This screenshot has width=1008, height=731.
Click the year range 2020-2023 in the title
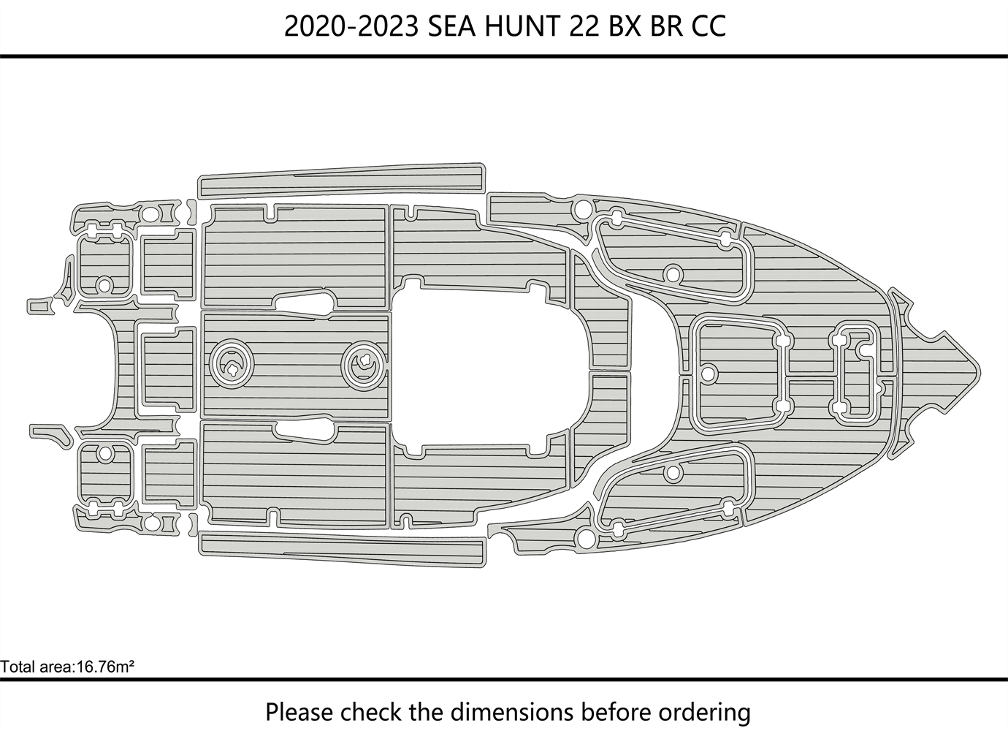(x=351, y=26)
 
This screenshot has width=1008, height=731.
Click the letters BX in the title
(x=625, y=26)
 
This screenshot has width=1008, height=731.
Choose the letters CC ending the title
(x=709, y=26)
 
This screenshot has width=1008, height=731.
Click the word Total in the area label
(x=16, y=667)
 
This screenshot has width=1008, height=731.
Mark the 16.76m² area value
(x=106, y=667)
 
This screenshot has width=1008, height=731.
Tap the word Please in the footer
(x=299, y=712)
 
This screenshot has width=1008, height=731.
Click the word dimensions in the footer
(x=513, y=712)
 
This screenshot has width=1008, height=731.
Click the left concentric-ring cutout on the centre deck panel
(x=232, y=364)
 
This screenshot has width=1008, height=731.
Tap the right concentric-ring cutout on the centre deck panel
(x=364, y=364)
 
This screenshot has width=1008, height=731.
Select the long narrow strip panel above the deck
(x=342, y=181)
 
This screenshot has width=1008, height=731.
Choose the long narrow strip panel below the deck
(x=342, y=549)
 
